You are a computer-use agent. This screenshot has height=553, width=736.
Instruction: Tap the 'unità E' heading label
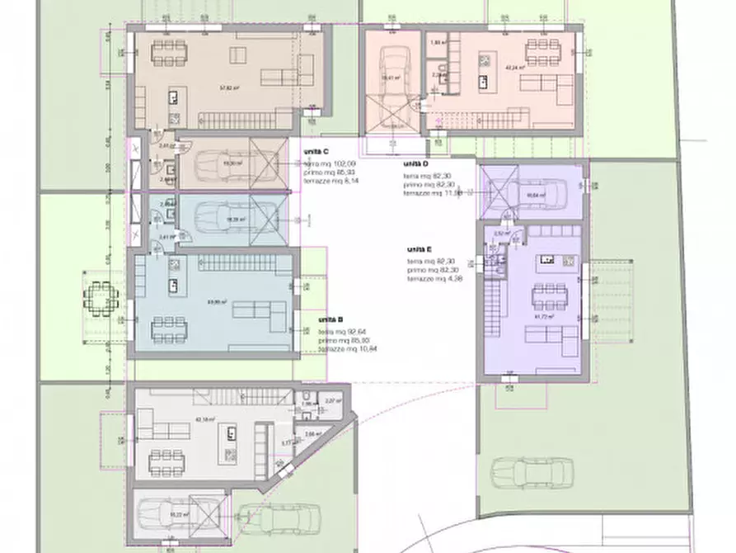[420, 248]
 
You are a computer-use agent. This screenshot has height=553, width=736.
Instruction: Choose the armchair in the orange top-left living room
[237, 56]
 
